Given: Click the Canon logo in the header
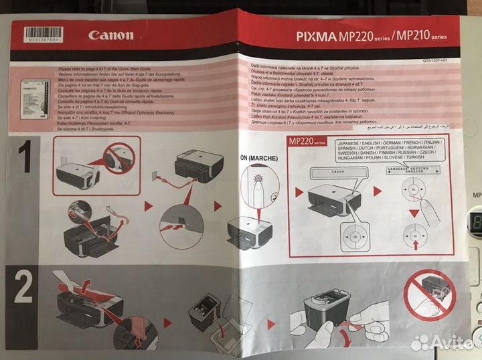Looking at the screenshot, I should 110,35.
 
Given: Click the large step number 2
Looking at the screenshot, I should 23,288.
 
